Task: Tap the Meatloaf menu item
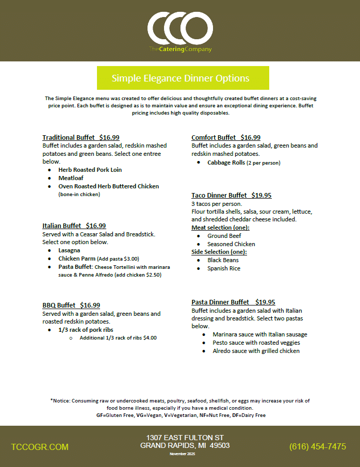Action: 71,178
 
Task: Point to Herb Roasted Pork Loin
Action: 90,170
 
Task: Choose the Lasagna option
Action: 69,250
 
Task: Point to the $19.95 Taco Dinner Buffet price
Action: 261,196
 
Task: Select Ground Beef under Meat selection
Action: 225,236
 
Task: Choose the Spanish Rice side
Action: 224,268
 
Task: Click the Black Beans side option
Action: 223,260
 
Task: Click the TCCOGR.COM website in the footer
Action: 40,447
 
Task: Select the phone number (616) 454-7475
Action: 318,447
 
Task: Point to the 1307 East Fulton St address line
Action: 185,437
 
